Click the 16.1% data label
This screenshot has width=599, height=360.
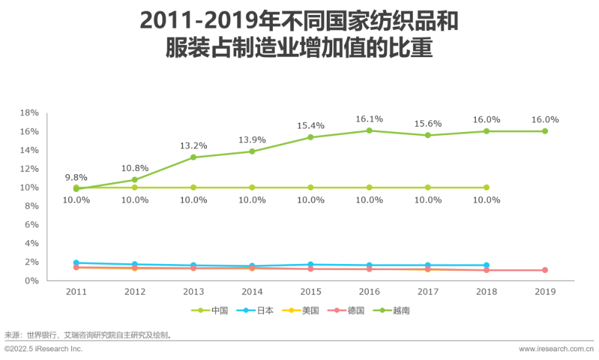pyautogui.click(x=369, y=119)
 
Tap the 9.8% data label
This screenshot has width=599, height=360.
pyautogui.click(x=76, y=178)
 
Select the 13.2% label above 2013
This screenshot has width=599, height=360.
pyautogui.click(x=193, y=146)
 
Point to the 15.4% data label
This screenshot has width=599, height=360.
pyautogui.click(x=310, y=126)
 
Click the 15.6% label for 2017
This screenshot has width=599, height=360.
pyautogui.click(x=428, y=124)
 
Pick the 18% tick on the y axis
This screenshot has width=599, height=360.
pyautogui.click(x=29, y=113)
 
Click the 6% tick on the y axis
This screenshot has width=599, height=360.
pyautogui.click(x=31, y=225)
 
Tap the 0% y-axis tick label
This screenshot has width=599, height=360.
pyautogui.click(x=31, y=281)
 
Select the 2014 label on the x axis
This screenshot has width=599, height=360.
pyautogui.click(x=252, y=292)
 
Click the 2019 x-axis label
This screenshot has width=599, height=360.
pyautogui.click(x=545, y=292)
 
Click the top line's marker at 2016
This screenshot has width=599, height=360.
pyautogui.click(x=369, y=131)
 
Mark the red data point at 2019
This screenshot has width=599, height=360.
pyautogui.click(x=545, y=270)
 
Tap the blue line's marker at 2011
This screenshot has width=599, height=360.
pyautogui.click(x=76, y=263)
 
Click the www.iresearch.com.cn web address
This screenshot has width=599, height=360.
pyautogui.click(x=555, y=349)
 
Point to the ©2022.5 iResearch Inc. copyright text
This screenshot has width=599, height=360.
pyautogui.click(x=43, y=349)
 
